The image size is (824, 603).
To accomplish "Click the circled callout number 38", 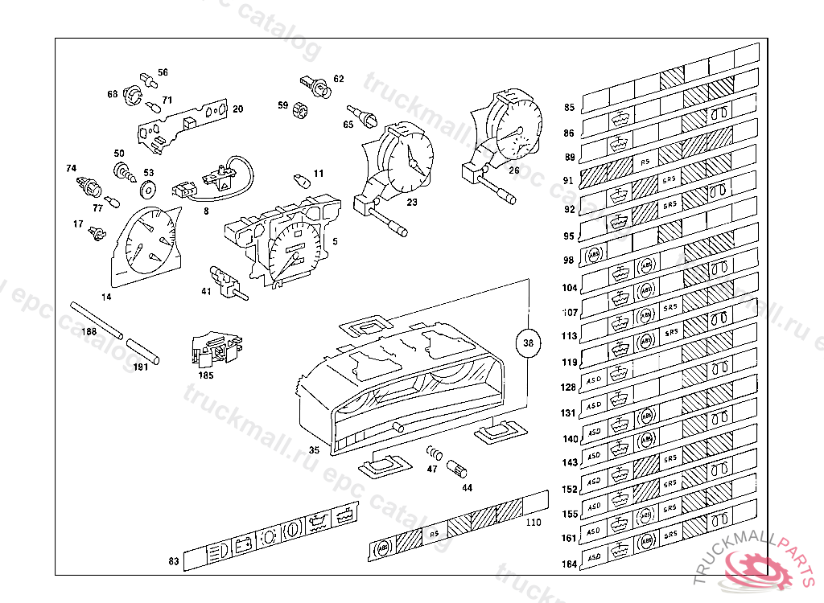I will click(528, 343).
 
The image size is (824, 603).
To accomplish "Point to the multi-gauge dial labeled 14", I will click(146, 241).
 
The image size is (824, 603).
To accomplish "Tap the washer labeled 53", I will click(148, 191).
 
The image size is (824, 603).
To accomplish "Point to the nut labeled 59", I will click(301, 109).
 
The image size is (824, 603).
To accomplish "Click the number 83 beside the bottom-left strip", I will click(173, 561).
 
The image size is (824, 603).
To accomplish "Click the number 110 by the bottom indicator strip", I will click(532, 522).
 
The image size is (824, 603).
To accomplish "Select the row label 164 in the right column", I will click(569, 564).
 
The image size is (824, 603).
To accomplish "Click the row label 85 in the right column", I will click(569, 108).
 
